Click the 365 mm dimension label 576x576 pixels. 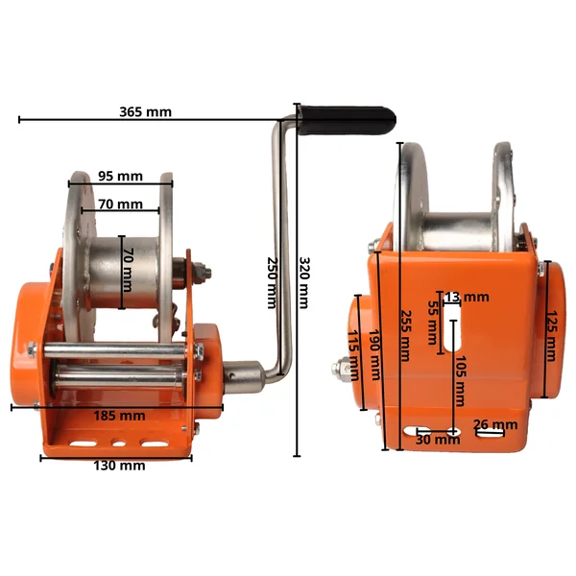146,111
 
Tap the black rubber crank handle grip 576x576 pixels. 348,120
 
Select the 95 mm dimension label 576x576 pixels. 121,177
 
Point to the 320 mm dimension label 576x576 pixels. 304,282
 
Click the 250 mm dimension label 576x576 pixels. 273,282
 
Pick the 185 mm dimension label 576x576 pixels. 119,416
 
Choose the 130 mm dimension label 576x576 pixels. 119,466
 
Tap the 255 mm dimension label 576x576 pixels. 405,336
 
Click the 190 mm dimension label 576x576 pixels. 375,354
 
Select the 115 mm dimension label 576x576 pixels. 353,355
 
